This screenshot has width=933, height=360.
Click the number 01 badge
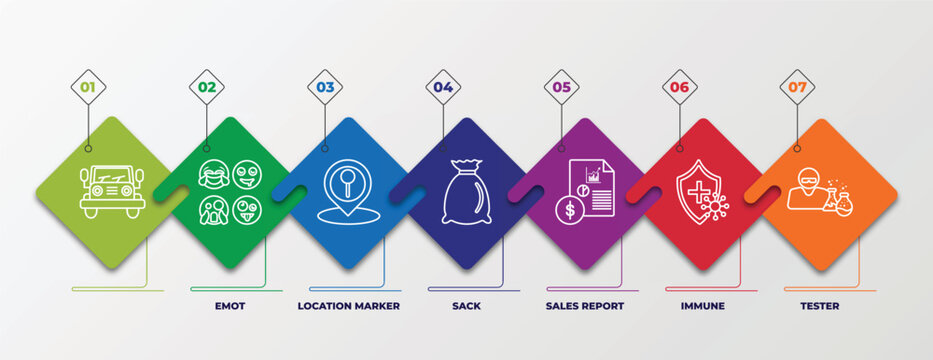[88, 87]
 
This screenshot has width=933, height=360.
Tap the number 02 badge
[207, 87]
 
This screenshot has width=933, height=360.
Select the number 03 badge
[325, 87]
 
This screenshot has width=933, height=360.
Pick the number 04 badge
[443, 87]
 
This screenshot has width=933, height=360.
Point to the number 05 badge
[562, 87]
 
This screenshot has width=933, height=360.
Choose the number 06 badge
[680, 87]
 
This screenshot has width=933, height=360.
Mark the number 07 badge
[797, 87]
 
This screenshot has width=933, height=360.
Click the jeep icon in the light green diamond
[112, 191]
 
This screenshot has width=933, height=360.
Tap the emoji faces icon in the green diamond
[229, 192]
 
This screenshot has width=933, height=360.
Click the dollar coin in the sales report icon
[569, 210]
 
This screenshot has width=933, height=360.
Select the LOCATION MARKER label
[348, 305]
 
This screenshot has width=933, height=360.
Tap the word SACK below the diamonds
[466, 305]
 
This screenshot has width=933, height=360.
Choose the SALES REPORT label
[584, 305]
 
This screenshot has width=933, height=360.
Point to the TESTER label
[819, 305]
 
